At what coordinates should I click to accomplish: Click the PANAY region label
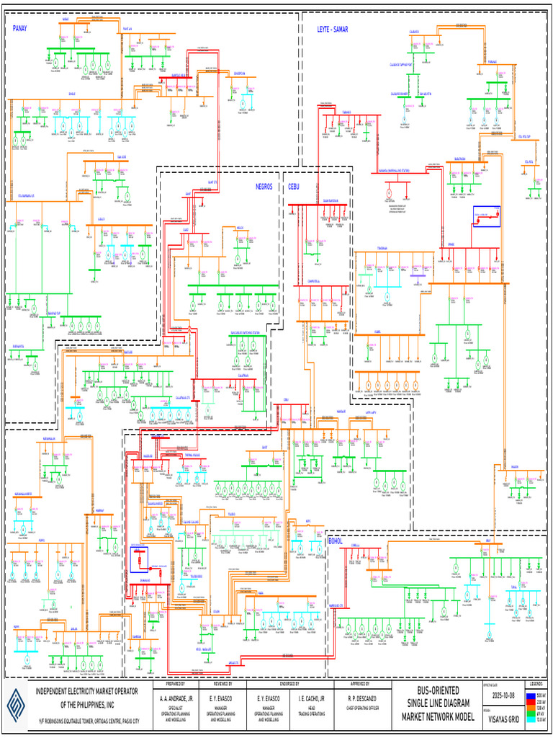click(x=19, y=29)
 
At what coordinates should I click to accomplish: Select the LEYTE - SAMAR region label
click(x=333, y=29)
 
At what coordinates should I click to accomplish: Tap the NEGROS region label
click(x=264, y=186)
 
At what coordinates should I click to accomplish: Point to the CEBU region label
click(x=294, y=186)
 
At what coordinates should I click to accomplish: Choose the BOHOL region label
click(x=336, y=540)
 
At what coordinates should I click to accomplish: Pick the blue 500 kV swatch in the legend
click(x=531, y=693)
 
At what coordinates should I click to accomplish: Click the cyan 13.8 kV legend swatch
click(x=531, y=719)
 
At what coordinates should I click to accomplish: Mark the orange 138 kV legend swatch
click(x=531, y=706)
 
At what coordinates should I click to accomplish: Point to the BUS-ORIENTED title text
click(x=438, y=691)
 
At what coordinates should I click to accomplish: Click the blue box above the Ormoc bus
click(x=487, y=216)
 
